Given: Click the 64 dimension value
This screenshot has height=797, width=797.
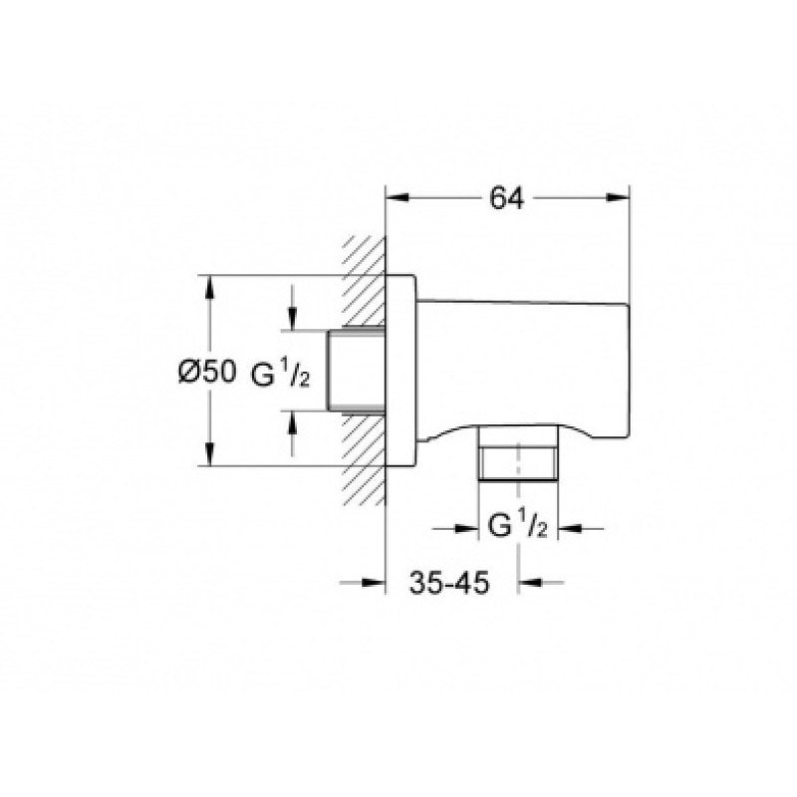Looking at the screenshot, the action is [506, 198].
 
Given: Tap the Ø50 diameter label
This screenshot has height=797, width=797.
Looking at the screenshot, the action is [207, 372].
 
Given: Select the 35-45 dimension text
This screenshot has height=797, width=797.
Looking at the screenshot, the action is [449, 583].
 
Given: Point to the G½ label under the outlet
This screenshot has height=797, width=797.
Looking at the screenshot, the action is [517, 525].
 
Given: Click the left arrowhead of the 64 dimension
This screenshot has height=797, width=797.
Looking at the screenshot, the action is [398, 198].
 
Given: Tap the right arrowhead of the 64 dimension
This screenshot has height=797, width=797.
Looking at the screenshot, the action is [618, 198].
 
